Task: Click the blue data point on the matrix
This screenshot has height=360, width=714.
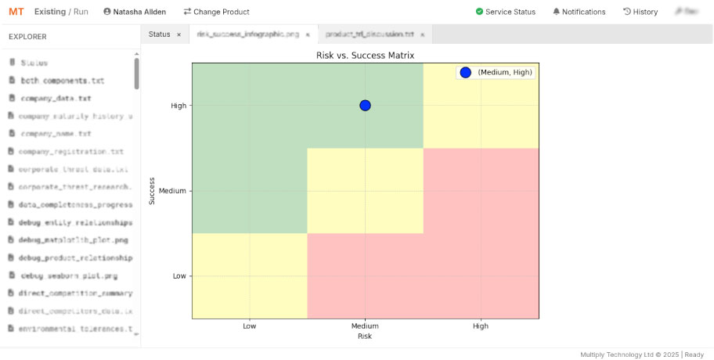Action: pos(365,106)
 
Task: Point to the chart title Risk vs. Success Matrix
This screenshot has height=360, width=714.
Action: pos(365,56)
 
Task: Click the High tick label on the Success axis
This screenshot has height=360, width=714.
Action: pos(178,106)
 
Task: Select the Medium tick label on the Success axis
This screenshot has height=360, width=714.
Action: pos(172,191)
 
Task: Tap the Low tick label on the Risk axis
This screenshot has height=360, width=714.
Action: pos(250,326)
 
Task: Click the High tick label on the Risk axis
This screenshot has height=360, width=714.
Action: pos(481,326)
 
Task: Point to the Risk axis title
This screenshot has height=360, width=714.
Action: pos(365,337)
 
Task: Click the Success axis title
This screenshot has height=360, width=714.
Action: pos(153,191)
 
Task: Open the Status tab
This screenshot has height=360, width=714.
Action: pos(160,34)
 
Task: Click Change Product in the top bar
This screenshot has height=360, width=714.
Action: pos(216,12)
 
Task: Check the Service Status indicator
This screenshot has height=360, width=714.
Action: pos(506,12)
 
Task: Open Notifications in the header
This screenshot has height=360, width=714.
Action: pos(579,12)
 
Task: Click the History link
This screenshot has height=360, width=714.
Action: pos(640,12)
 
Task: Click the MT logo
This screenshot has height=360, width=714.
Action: pos(16,12)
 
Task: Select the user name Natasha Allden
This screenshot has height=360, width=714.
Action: pos(134,12)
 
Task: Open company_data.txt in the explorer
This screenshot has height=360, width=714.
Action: pos(56,99)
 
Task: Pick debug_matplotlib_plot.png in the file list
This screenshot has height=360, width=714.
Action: pos(73,240)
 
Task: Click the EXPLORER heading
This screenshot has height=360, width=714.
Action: pos(27,37)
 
